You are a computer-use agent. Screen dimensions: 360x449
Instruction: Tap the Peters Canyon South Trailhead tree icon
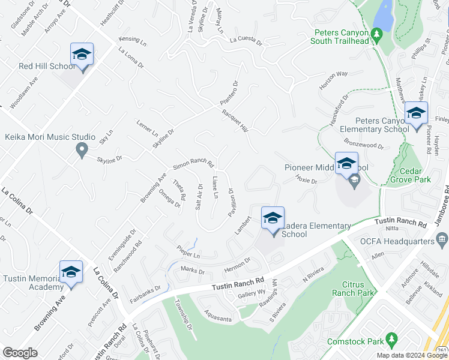coord(377,34)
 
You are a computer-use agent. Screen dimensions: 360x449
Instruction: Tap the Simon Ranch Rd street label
coord(193,163)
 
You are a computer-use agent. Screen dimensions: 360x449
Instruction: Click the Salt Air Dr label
coord(198,195)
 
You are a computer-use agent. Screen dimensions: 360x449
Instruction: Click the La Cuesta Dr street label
coord(246,42)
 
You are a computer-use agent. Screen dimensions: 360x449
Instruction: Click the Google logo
coord(20,353)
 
